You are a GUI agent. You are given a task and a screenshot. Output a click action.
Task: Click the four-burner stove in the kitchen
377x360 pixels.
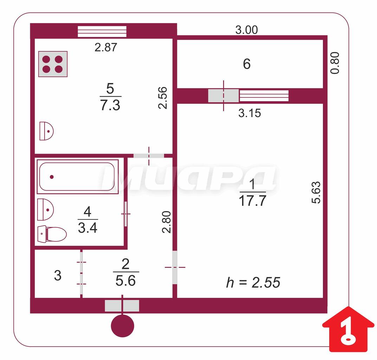53,64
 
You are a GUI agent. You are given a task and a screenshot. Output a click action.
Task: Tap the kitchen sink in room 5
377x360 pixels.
46,131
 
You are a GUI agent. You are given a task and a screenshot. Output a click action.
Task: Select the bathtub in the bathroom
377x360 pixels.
77,176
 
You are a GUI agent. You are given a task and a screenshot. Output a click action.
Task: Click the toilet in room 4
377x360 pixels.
52,234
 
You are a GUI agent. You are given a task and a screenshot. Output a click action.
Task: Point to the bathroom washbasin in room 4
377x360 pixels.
45,210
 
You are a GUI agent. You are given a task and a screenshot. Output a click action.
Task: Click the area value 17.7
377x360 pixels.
253,201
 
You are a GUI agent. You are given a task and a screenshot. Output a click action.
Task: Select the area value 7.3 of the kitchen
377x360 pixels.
110,105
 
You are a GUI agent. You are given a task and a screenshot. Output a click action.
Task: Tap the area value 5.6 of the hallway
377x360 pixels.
125,281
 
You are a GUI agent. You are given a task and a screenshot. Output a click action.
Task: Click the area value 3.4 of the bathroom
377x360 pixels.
87,228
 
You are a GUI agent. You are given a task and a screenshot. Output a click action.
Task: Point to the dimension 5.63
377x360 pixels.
316,193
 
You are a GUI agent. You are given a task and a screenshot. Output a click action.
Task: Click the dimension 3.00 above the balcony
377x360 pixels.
246,30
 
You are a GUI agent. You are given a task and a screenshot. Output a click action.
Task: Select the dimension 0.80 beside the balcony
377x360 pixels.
335,63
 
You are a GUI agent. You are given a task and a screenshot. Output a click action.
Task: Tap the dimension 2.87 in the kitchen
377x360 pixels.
106,47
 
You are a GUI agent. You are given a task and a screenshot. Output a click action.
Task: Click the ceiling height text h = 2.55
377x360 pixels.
253,282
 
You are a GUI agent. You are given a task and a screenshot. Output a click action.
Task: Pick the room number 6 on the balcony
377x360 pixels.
247,64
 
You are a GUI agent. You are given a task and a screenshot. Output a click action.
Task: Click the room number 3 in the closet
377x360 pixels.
58,275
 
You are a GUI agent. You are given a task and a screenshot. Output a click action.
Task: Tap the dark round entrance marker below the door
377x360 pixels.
122,326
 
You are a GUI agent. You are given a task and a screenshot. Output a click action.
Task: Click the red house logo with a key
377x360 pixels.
348,329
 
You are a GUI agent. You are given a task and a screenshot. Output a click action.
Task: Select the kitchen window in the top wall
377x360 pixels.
102,32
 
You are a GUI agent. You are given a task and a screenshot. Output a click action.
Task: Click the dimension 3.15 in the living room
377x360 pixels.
249,113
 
